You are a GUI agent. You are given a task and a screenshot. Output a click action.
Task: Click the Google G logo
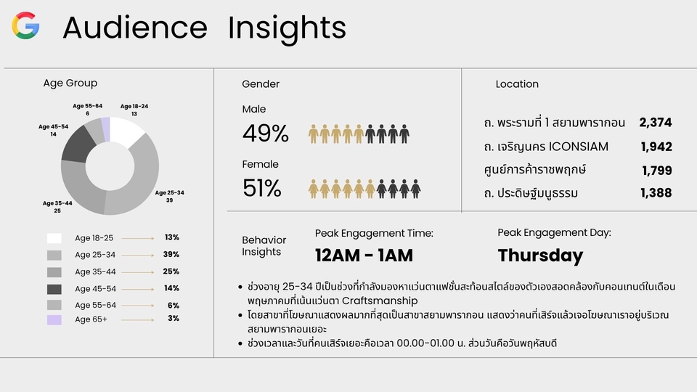click(25, 25)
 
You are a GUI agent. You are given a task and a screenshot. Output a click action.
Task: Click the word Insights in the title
click(287, 28)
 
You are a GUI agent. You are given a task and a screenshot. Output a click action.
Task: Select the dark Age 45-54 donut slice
click(78, 144)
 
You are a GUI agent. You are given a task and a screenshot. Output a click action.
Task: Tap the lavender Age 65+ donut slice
click(106, 129)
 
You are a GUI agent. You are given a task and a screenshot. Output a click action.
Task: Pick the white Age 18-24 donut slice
click(126, 131)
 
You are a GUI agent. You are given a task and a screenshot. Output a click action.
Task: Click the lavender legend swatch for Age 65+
click(54, 319)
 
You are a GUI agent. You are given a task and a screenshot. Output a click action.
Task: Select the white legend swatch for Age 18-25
click(54, 238)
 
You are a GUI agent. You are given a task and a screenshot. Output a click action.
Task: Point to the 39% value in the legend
click(171, 254)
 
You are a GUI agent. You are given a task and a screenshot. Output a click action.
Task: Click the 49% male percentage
click(266, 134)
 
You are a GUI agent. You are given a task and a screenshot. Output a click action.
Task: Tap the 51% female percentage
click(262, 188)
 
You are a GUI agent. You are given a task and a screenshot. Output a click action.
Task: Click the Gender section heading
click(261, 84)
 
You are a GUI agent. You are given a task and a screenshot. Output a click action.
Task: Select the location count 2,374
click(656, 122)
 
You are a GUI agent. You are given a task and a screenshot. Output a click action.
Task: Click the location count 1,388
click(656, 192)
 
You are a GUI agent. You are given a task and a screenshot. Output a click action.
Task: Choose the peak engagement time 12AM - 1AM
click(364, 255)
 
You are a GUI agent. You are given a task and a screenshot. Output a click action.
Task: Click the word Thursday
click(540, 256)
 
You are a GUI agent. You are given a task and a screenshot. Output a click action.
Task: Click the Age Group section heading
click(70, 83)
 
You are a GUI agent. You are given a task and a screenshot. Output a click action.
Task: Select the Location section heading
click(517, 84)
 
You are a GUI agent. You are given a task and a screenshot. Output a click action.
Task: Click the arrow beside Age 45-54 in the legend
click(138, 289)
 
